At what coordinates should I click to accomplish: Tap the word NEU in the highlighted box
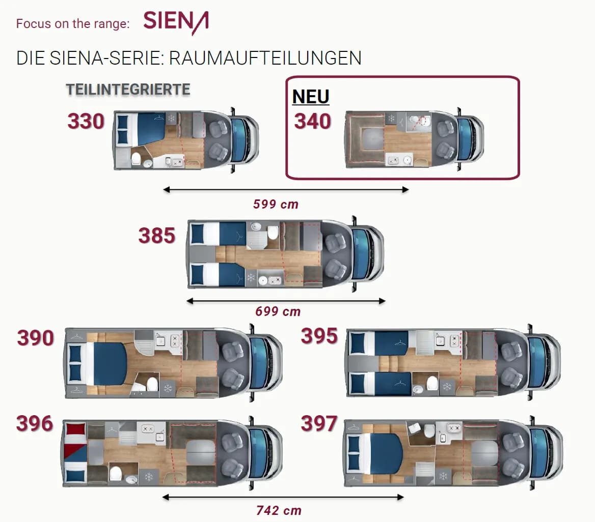pyautogui.click(x=311, y=97)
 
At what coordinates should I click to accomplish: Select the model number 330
pyautogui.click(x=86, y=121)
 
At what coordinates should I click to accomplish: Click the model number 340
pyautogui.click(x=313, y=121)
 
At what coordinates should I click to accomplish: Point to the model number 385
pyautogui.click(x=157, y=236)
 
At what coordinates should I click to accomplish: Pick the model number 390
pyautogui.click(x=35, y=338)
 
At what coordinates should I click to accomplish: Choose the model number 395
pyautogui.click(x=319, y=336)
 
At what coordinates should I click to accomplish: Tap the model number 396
pyautogui.click(x=35, y=423)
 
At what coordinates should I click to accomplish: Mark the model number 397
pyautogui.click(x=319, y=423)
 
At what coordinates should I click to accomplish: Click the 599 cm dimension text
pyautogui.click(x=276, y=205)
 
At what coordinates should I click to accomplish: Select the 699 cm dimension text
pyautogui.click(x=278, y=311)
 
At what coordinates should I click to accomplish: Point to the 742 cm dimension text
pyautogui.click(x=279, y=511)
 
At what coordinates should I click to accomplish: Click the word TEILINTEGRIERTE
pyautogui.click(x=128, y=90)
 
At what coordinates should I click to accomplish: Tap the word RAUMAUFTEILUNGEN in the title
pyautogui.click(x=265, y=59)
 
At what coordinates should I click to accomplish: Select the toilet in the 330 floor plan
pyautogui.click(x=136, y=159)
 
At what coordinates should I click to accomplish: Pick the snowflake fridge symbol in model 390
pyautogui.click(x=168, y=389)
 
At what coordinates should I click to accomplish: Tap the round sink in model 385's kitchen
pyautogui.click(x=263, y=280)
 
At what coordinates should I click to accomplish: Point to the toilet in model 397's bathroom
pyautogui.click(x=429, y=430)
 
